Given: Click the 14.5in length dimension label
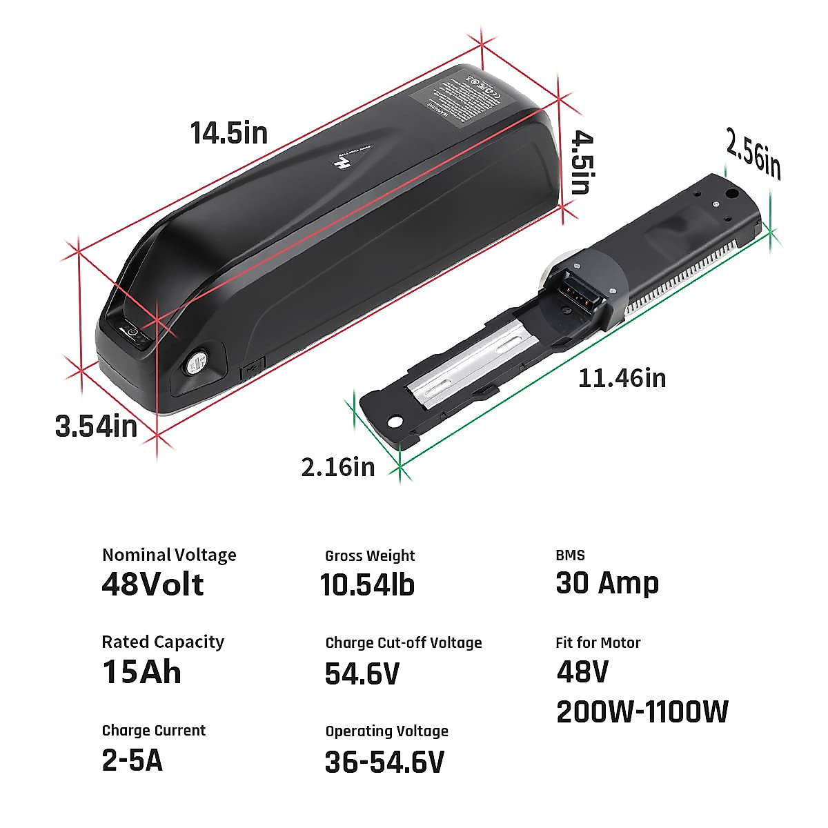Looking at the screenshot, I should pos(229,132).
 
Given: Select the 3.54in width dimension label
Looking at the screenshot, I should pos(97,426).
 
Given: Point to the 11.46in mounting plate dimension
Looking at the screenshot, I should pos(622,378).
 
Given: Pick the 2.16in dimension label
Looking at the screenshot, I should pos(338,467).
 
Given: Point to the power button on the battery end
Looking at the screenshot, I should pos(135,336).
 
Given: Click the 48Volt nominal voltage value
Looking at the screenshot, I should pos(152,584).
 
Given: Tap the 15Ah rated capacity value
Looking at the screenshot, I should pos(141,672).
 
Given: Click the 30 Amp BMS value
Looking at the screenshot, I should pos(607,584).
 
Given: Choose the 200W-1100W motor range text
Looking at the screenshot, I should pos(642,712).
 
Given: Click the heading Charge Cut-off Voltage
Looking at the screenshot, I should pos(404,643).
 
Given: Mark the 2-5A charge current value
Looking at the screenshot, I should pos(132,760).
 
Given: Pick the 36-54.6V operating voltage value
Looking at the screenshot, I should pos(384,762).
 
